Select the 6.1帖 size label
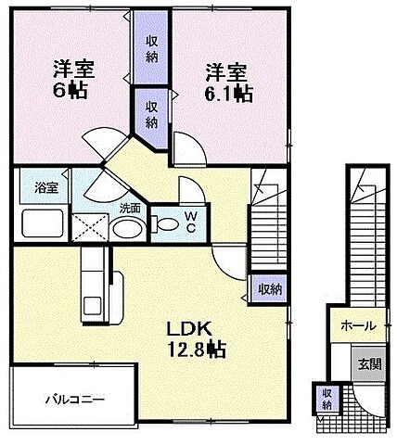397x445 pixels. click(x=224, y=93)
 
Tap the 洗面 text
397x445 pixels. click(x=131, y=208)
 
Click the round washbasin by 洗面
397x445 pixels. click(x=131, y=229)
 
